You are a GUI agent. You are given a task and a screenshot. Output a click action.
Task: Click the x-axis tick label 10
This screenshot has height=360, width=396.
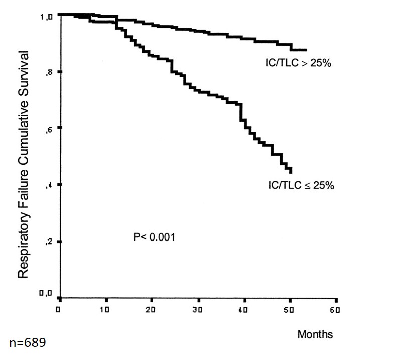point(104,309)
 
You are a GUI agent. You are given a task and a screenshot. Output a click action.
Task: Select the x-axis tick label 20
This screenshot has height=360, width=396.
point(151,309)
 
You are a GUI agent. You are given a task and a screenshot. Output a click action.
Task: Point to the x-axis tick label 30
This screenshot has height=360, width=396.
point(197,309)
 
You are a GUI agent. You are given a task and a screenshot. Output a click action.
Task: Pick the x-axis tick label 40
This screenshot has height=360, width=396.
point(243,309)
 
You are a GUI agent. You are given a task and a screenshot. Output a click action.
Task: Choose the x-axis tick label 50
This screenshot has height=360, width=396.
point(290,309)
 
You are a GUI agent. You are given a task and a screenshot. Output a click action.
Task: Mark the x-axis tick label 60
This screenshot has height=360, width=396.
point(336,309)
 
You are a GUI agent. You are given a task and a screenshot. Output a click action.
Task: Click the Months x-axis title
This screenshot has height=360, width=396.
point(315,334)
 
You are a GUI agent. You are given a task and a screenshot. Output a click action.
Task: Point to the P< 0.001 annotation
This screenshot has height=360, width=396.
point(154,237)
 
